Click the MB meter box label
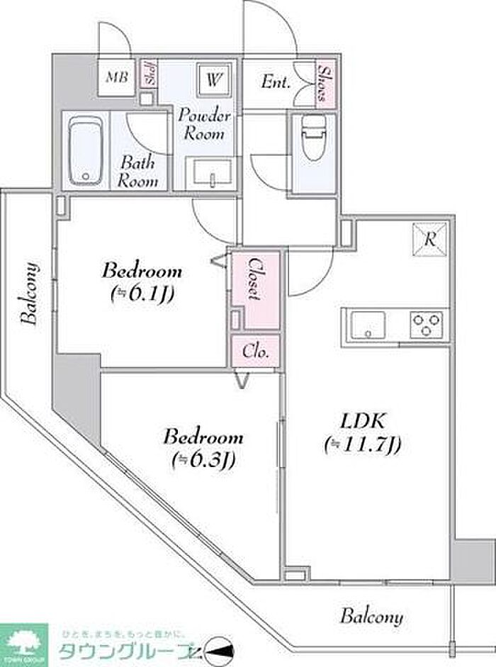[x=118, y=77]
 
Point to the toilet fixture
[x=312, y=139]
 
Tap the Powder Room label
[x=203, y=123]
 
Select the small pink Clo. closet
[x=255, y=351]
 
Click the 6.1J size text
[x=142, y=293]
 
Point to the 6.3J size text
[x=204, y=460]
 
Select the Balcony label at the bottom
[x=371, y=616]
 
